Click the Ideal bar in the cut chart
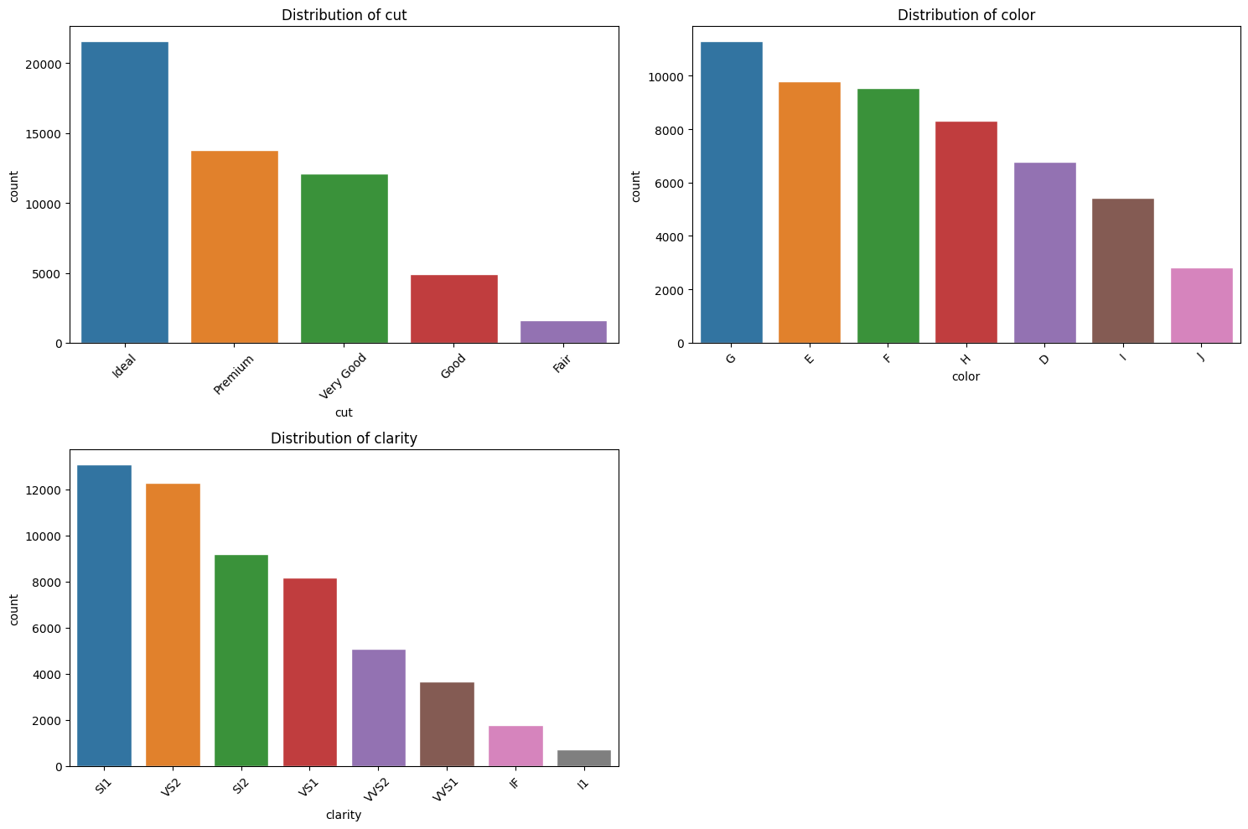(x=125, y=193)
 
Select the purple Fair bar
(x=563, y=332)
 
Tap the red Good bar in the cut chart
(x=453, y=308)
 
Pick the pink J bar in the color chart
(x=1201, y=306)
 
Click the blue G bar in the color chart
(x=731, y=193)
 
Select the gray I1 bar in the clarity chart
(x=584, y=758)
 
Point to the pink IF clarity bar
(x=515, y=746)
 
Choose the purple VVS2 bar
(x=378, y=708)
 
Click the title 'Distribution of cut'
(x=344, y=15)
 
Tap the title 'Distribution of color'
(x=966, y=15)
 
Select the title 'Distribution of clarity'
(x=344, y=438)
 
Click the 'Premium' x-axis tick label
(x=233, y=374)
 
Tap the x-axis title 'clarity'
(x=344, y=815)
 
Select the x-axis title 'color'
(x=966, y=376)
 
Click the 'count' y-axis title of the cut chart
(x=14, y=185)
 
